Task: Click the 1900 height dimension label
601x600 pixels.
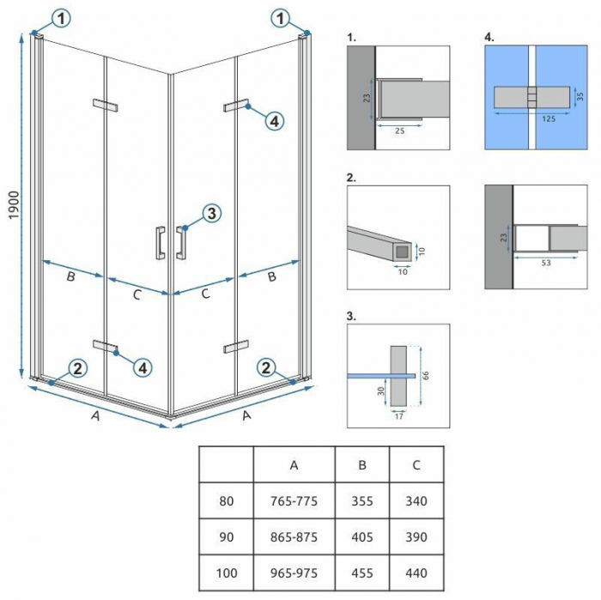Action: tap(10, 204)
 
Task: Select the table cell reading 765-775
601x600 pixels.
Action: tap(294, 501)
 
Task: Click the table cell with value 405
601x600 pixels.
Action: tap(361, 537)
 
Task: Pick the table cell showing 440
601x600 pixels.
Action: tap(416, 573)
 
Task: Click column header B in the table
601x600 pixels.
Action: tap(361, 465)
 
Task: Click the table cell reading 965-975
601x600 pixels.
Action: tap(294, 573)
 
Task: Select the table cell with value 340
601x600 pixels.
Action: tap(416, 501)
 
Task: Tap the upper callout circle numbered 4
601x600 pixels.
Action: tap(273, 122)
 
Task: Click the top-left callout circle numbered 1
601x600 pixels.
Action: tap(64, 17)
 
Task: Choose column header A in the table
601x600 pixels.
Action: tap(294, 465)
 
